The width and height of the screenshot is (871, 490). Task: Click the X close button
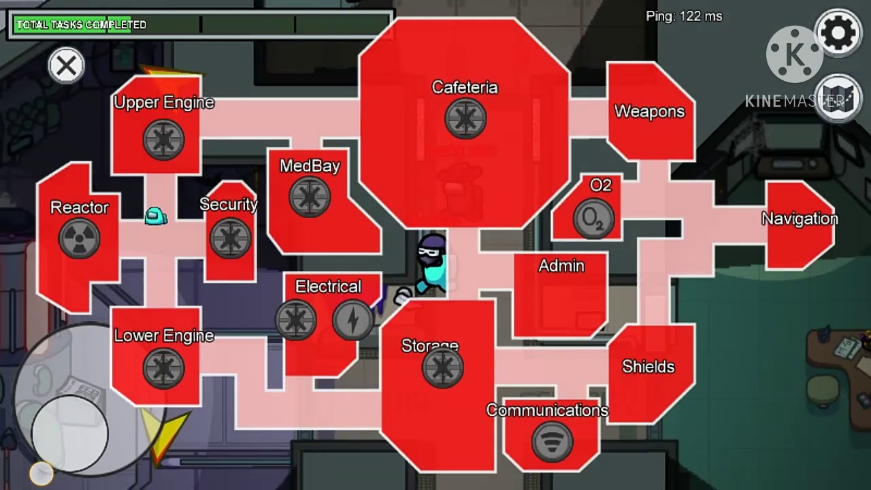pyautogui.click(x=67, y=65)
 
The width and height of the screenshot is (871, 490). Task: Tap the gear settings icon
pyautogui.click(x=838, y=33)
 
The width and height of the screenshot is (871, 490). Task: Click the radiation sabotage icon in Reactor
pyautogui.click(x=80, y=238)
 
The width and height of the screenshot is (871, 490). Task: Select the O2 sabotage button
pyautogui.click(x=594, y=218)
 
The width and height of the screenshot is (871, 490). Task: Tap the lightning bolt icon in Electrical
pyautogui.click(x=353, y=320)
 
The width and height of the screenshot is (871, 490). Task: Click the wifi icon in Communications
pyautogui.click(x=552, y=442)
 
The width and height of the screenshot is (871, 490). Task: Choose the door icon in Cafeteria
pyautogui.click(x=465, y=118)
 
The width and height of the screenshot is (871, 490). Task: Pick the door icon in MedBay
pyautogui.click(x=310, y=197)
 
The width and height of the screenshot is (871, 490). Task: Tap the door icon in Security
pyautogui.click(x=231, y=238)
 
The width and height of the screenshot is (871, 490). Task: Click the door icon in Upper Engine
pyautogui.click(x=164, y=140)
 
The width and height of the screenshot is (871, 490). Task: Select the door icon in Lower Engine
pyautogui.click(x=164, y=368)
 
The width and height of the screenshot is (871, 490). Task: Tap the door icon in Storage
pyautogui.click(x=443, y=367)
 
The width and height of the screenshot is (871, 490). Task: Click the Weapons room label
pyautogui.click(x=649, y=112)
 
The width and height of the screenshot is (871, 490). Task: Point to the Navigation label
pyautogui.click(x=800, y=218)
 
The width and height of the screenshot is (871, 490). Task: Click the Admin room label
pyautogui.click(x=561, y=266)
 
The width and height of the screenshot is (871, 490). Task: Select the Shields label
pyautogui.click(x=648, y=366)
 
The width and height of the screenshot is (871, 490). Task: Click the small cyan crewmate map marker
pyautogui.click(x=156, y=216)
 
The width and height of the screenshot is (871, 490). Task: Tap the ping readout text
pyautogui.click(x=684, y=16)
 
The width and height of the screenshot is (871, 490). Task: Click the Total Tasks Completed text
pyautogui.click(x=81, y=25)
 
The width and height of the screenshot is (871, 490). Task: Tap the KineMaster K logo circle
pyautogui.click(x=794, y=54)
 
